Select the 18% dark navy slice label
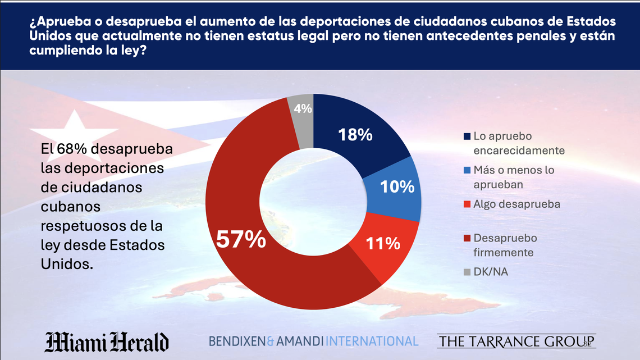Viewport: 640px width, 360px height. tap(355, 135)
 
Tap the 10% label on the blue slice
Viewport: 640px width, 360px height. tap(397, 187)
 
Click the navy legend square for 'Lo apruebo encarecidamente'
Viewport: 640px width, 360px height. tap(467, 136)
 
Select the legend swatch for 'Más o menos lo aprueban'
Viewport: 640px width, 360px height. tap(467, 170)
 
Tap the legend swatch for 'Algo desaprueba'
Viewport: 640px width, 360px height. tap(467, 204)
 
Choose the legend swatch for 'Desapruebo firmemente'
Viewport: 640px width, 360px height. tap(467, 239)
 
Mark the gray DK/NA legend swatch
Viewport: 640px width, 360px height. tap(467, 272)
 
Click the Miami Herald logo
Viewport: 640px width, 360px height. tap(107, 341)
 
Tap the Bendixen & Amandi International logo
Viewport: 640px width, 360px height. tap(313, 341)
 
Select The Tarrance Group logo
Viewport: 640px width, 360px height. tap(516, 341)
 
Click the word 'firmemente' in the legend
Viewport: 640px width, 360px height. tap(503, 252)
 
